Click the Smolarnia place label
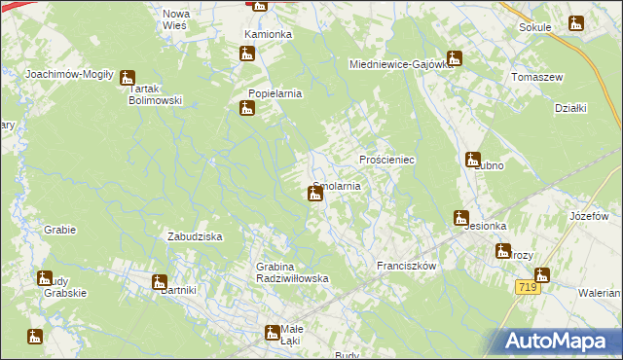tap(337, 186)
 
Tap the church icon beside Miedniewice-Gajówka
tap(454, 57)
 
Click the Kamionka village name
tap(268, 34)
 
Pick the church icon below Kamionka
tap(247, 54)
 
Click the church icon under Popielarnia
tap(247, 109)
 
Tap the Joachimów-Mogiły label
tap(70, 74)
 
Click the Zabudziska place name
tap(196, 236)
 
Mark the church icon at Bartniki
tap(160, 282)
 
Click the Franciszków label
tap(405, 265)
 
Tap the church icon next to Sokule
tap(576, 23)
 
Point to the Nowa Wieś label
tap(176, 19)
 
